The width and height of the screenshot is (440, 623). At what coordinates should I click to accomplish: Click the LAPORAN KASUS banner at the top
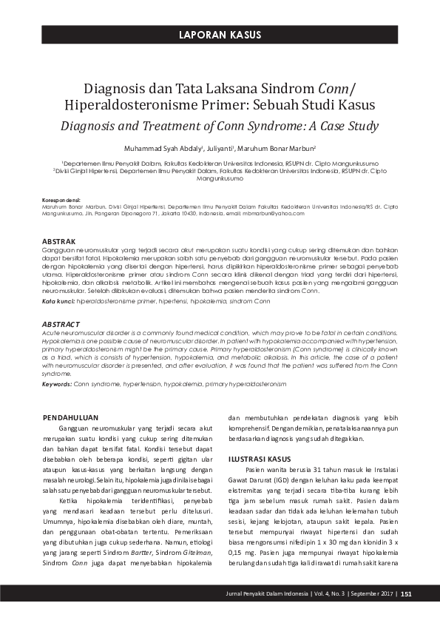220,35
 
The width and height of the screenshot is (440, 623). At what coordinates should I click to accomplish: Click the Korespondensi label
62,201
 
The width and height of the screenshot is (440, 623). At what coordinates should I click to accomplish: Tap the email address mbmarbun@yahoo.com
272,213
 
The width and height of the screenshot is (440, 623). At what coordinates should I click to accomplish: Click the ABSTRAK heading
58,242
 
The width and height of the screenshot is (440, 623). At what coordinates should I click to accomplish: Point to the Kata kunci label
58,303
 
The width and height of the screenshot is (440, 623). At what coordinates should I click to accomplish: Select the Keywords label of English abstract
56,385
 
